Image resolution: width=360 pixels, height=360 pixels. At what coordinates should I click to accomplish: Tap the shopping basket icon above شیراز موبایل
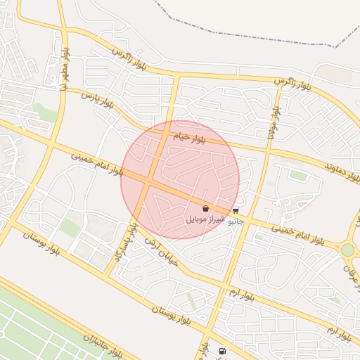tap(205, 209)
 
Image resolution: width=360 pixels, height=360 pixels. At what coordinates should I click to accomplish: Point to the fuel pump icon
tap(223, 351)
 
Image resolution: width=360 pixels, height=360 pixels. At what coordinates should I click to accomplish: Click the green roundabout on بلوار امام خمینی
tap(347, 250)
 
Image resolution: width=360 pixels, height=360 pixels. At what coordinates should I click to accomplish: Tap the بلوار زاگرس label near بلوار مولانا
tap(292, 82)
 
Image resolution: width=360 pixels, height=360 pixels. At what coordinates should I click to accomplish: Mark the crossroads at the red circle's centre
tap(150, 181)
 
